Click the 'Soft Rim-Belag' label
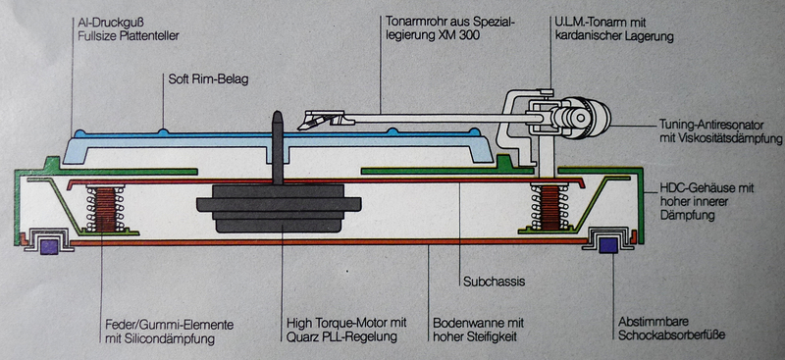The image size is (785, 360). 208,79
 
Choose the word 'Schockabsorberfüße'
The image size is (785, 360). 671,335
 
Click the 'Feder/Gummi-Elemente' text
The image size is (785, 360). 170,325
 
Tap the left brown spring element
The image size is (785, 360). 106,208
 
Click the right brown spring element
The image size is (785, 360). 550,207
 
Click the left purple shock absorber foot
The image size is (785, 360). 48,246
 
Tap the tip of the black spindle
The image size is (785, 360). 277,113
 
